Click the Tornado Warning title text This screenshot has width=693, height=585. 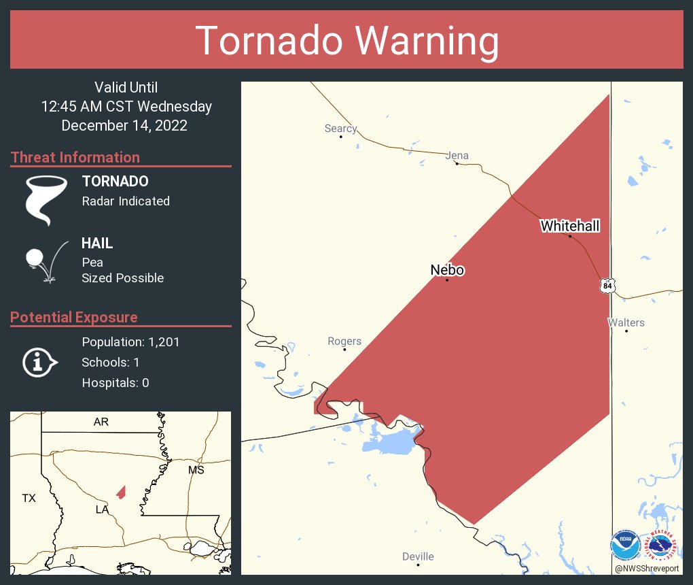346,41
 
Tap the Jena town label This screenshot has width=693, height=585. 457,155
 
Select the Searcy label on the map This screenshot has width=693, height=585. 340,128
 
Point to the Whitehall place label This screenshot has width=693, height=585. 569,226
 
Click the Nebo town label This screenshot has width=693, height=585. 447,270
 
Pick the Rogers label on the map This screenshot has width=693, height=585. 344,341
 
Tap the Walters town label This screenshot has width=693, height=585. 626,322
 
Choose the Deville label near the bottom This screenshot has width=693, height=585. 418,556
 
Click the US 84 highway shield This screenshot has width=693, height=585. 607,286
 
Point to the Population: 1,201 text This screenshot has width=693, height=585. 130,342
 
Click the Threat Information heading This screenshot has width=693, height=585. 75,157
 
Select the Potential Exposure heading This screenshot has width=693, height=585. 74,317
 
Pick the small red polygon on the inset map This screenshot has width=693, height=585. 121,492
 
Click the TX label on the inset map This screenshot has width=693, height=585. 29,498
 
